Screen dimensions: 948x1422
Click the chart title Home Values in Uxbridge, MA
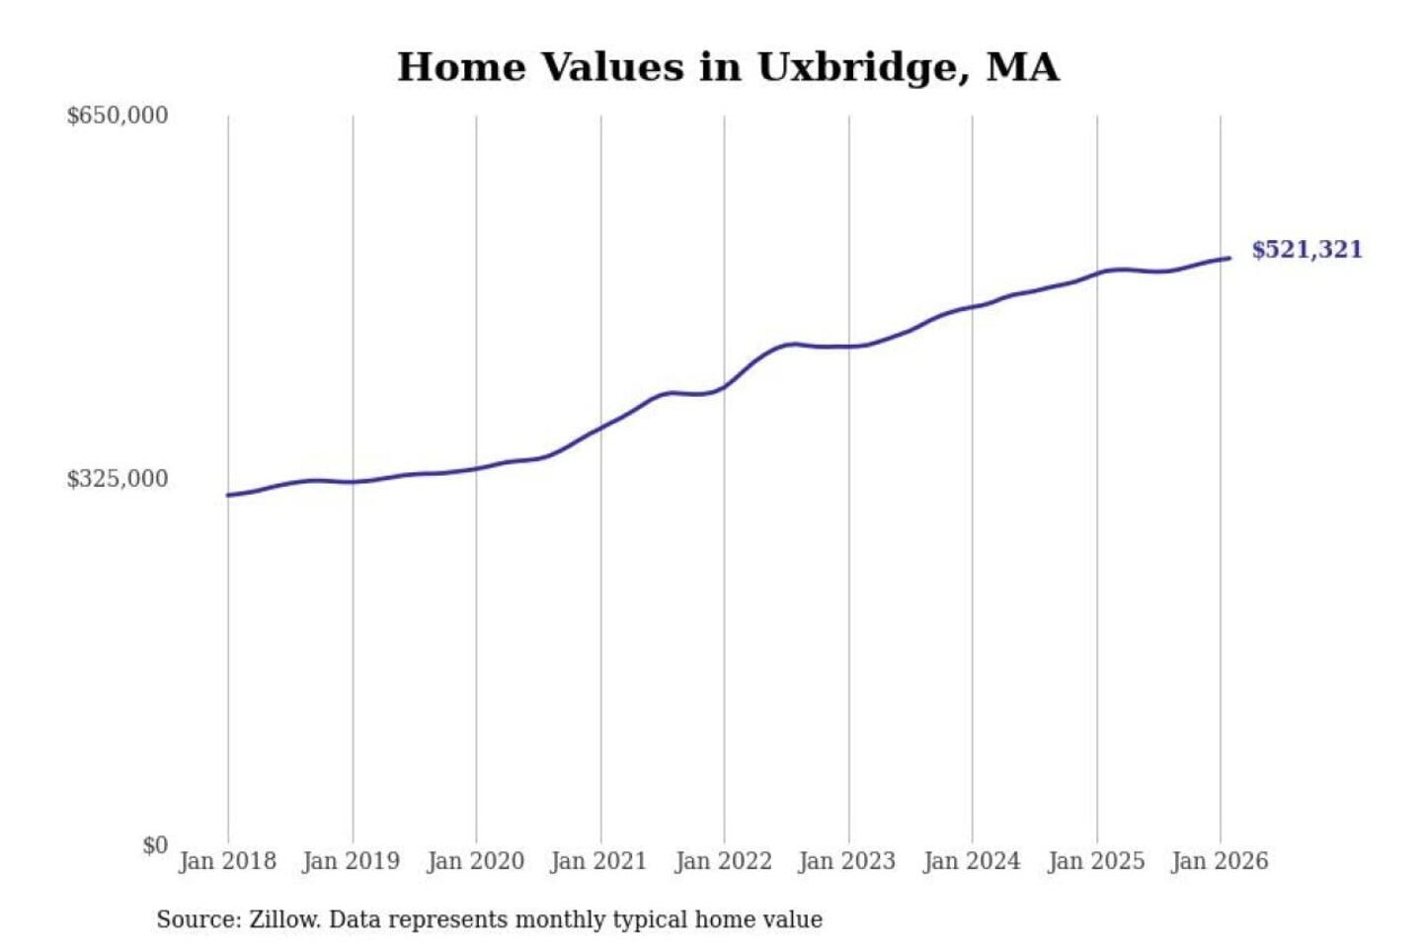coord(728,67)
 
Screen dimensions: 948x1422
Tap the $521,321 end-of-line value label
coord(1306,250)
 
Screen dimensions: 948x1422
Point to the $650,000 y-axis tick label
coord(118,116)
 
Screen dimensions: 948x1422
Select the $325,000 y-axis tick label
coord(118,479)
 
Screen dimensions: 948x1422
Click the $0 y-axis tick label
coord(155,845)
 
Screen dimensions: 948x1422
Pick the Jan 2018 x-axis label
coord(227,861)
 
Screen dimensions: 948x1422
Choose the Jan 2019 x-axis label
coord(351,861)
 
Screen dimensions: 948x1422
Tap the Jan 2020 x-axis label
coord(475,861)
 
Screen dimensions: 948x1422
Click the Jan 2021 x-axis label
coord(598,861)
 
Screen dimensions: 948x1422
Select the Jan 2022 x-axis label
coord(723,861)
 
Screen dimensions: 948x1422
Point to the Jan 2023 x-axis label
coord(846,861)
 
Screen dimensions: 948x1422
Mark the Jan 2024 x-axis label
coord(971,861)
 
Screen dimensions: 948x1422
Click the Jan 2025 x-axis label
coord(1095,861)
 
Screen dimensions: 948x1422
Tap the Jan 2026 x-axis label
coord(1219,861)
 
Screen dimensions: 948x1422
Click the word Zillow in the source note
coord(283,920)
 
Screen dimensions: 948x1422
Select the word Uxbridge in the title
coord(856,67)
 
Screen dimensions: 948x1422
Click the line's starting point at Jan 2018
coord(228,495)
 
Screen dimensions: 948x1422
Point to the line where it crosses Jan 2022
coord(724,386)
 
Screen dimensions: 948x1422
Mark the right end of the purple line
coord(1229,259)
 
